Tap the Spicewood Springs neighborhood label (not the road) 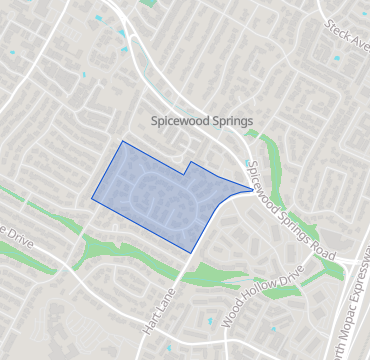201,120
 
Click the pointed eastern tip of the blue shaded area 251,187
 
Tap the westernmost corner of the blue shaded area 92,199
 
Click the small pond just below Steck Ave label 337,58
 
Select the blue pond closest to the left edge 12,53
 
